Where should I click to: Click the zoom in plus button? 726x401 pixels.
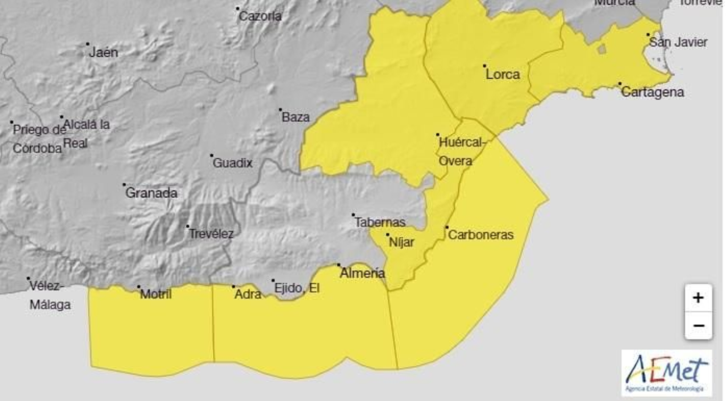pos(698,298)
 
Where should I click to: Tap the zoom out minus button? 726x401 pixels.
pos(698,326)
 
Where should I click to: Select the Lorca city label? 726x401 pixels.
pos(502,74)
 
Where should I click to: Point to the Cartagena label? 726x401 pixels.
pos(652,92)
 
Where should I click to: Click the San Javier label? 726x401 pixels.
pos(678,42)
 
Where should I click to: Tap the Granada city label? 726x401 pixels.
pos(151,193)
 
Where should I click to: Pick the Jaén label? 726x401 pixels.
pos(103,52)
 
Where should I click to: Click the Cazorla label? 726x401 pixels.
pos(260,16)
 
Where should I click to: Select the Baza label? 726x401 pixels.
pos(295,117)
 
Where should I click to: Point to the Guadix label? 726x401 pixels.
pos(232,163)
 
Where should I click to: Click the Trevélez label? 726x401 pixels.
pos(211,234)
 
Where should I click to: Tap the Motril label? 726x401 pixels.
pos(156,294)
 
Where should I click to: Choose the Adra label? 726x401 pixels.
pos(248,294)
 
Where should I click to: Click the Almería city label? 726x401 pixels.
pos(362,273)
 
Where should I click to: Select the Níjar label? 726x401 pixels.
pos(402,242)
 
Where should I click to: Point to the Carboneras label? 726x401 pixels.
pos(481,235)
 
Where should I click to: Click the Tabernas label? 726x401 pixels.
pos(379,222)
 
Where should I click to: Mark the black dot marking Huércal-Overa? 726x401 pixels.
pos(438,135)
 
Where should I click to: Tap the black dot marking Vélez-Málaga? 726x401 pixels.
pos(28,279)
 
